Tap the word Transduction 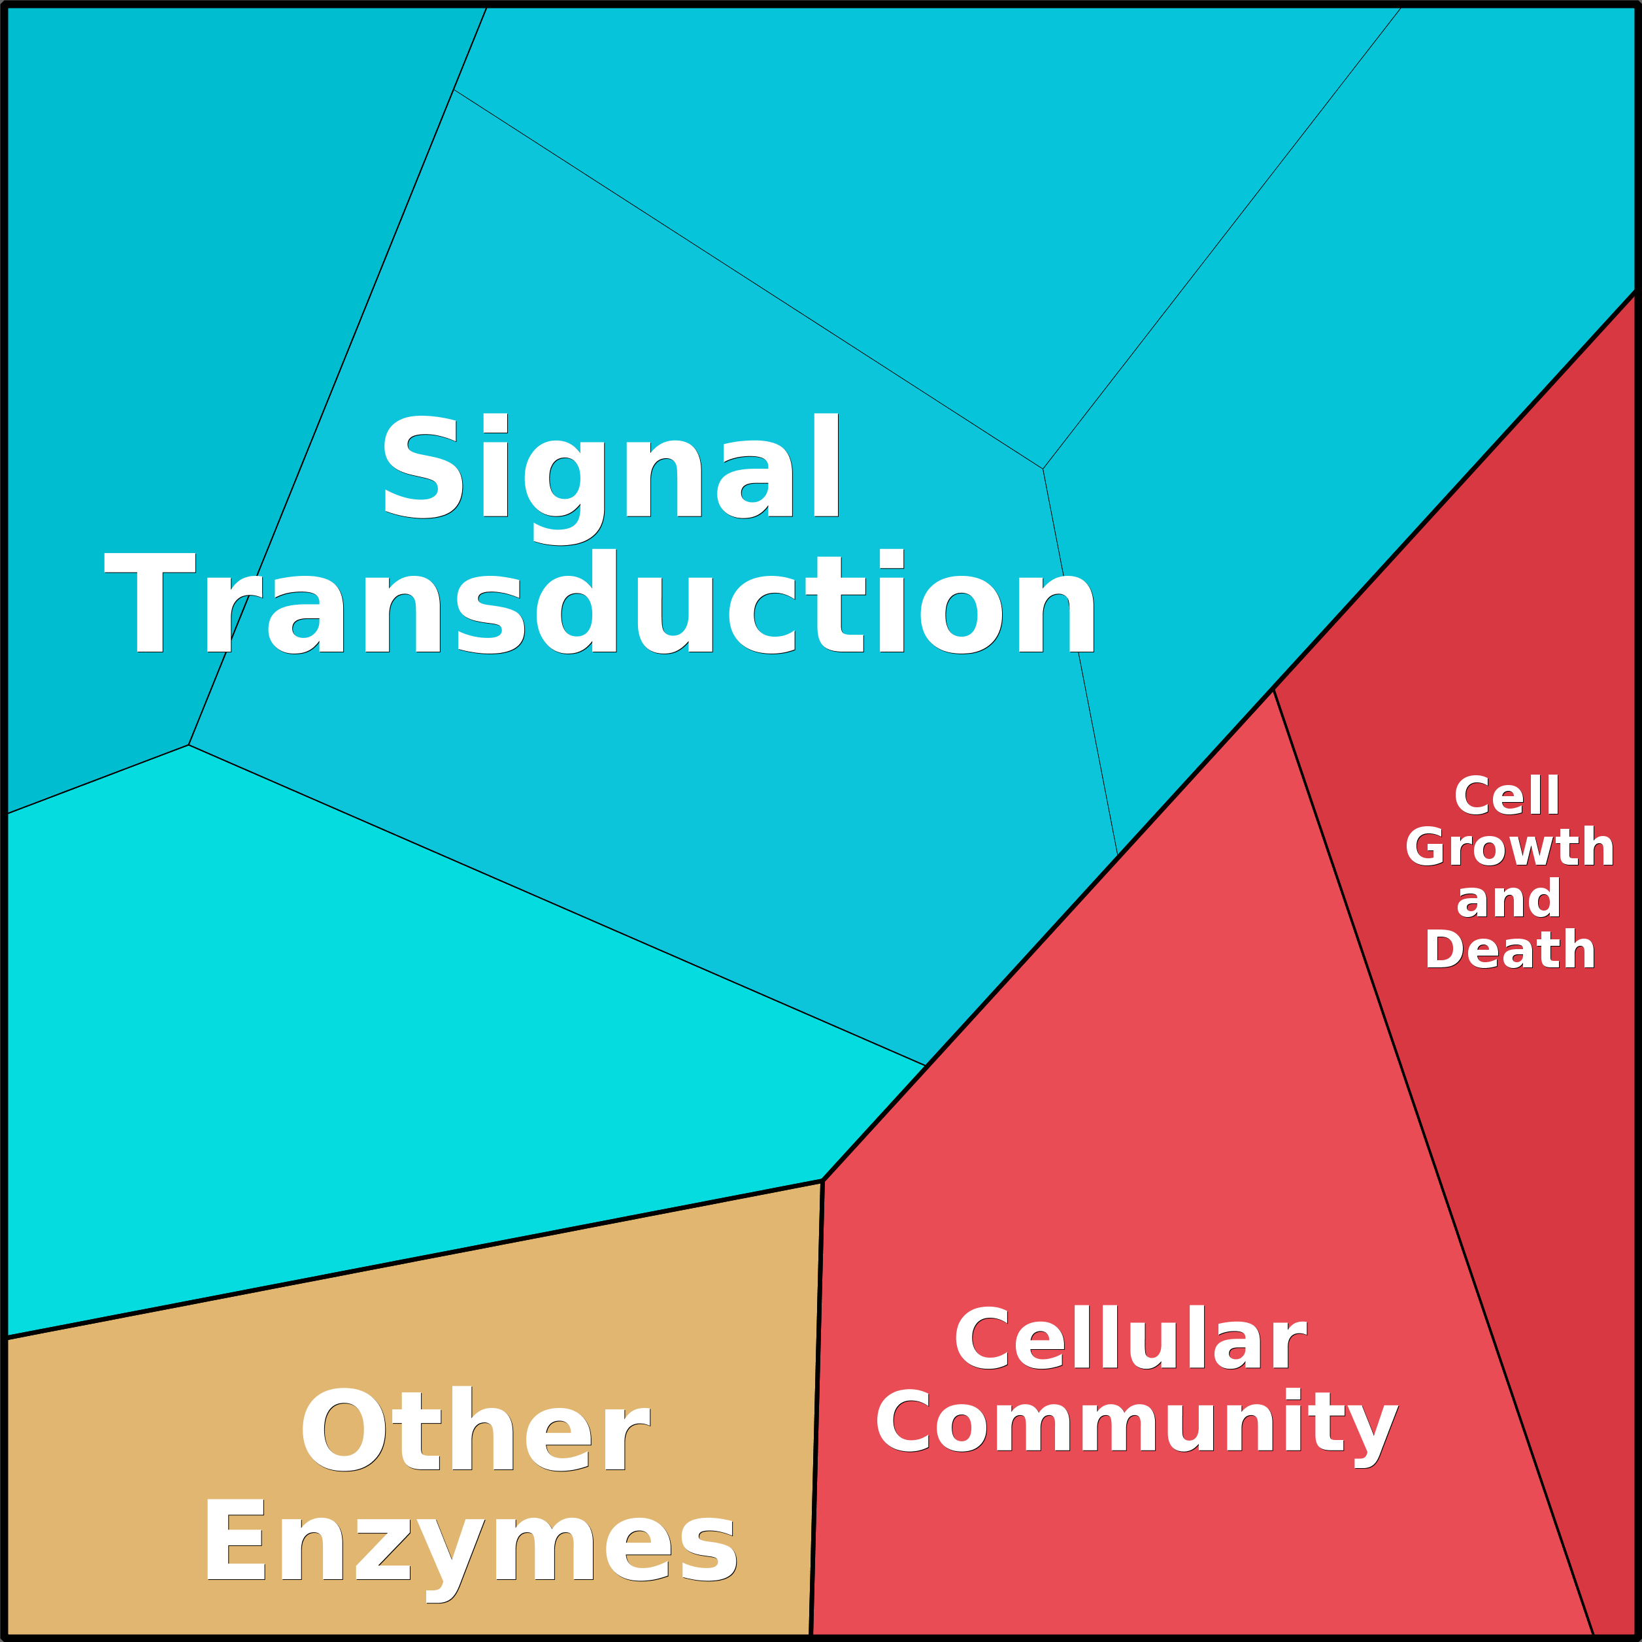(x=600, y=603)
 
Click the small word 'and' (x=1509, y=898)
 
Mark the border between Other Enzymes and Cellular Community (x=816, y=1409)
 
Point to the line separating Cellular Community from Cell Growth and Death (x=1433, y=1163)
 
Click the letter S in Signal (x=422, y=466)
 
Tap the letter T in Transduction (x=150, y=603)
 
